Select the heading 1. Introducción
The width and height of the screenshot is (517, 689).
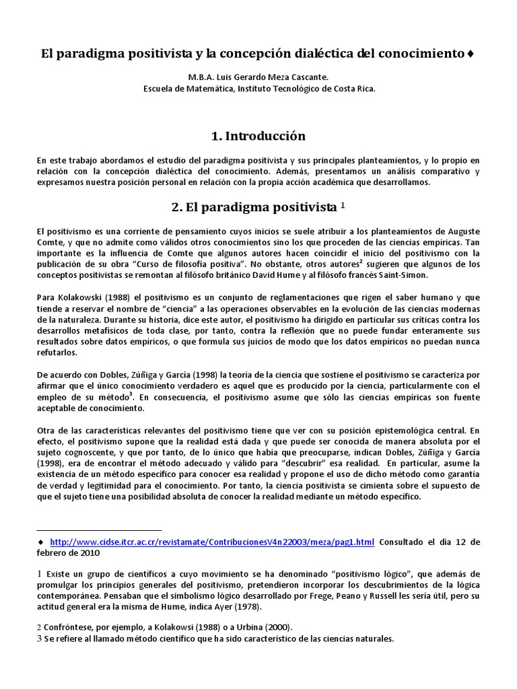point(258,136)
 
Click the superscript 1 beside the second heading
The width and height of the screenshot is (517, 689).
point(343,204)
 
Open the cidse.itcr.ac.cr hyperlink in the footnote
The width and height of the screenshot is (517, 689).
point(212,542)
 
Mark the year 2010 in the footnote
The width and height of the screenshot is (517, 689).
point(88,553)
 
